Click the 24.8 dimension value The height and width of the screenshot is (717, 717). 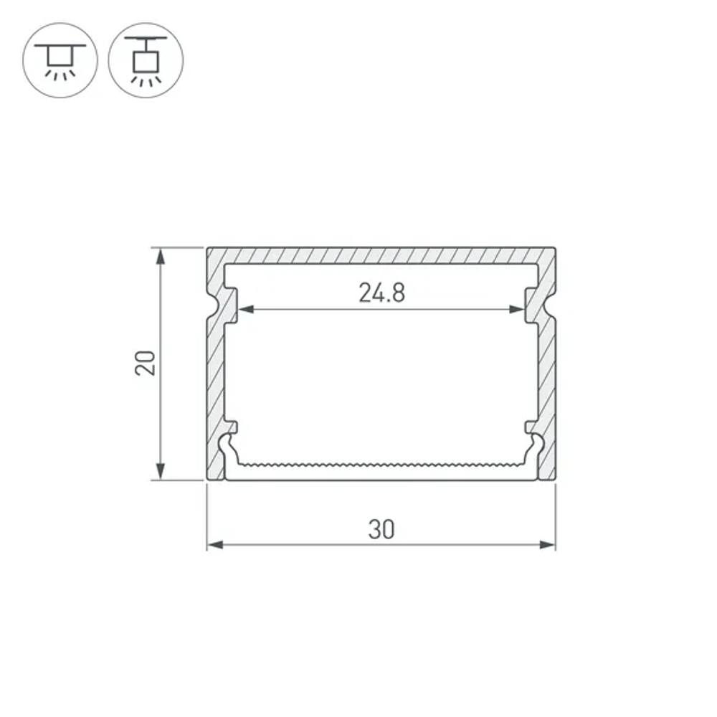[381, 293]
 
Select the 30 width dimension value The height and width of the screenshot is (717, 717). [381, 530]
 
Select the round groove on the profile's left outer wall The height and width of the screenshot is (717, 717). [212, 305]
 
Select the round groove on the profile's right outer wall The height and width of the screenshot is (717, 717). [552, 305]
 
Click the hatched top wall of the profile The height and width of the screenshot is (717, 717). [381, 255]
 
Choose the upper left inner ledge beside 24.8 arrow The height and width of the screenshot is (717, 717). [231, 305]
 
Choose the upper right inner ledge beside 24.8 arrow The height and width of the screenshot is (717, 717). [531, 305]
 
